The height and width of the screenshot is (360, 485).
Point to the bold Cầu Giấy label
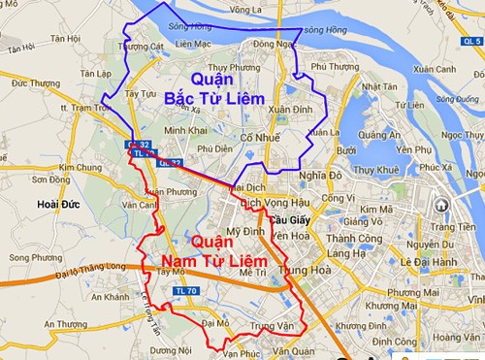point(261,219)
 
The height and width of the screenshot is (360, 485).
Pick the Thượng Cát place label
point(144,46)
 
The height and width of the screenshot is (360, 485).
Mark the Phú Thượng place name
point(330,67)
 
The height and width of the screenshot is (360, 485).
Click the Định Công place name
point(392,342)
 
